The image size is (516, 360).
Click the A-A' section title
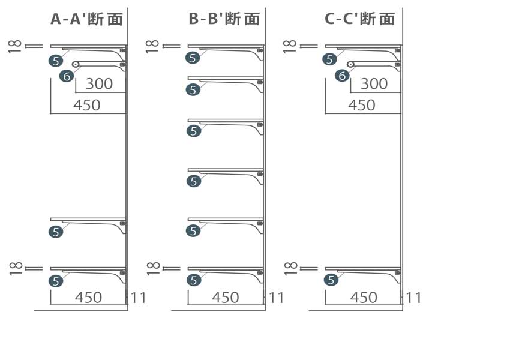tap(86, 19)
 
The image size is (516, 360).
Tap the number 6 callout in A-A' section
tap(67, 76)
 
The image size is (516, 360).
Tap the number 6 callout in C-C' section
tap(341, 76)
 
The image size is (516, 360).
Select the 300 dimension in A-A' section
tap(99, 83)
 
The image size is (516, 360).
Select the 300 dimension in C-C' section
tap(374, 83)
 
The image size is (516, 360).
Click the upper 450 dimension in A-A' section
tap(86, 105)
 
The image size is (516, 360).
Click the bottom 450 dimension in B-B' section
tap(226, 297)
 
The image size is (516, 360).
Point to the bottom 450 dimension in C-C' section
tap(363, 297)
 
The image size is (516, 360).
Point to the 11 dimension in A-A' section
tap(138, 297)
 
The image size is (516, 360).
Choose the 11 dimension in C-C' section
tap(413, 297)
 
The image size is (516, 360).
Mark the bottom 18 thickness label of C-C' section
tap(291, 268)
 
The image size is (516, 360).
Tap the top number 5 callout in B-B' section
tap(193, 58)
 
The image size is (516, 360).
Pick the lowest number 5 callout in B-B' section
tap(193, 280)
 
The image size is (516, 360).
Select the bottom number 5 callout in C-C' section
tap(331, 280)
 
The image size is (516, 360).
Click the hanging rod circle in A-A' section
tap(76, 64)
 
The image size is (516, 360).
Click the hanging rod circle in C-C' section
tap(350, 64)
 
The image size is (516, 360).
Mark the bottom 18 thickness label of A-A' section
tap(16, 268)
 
